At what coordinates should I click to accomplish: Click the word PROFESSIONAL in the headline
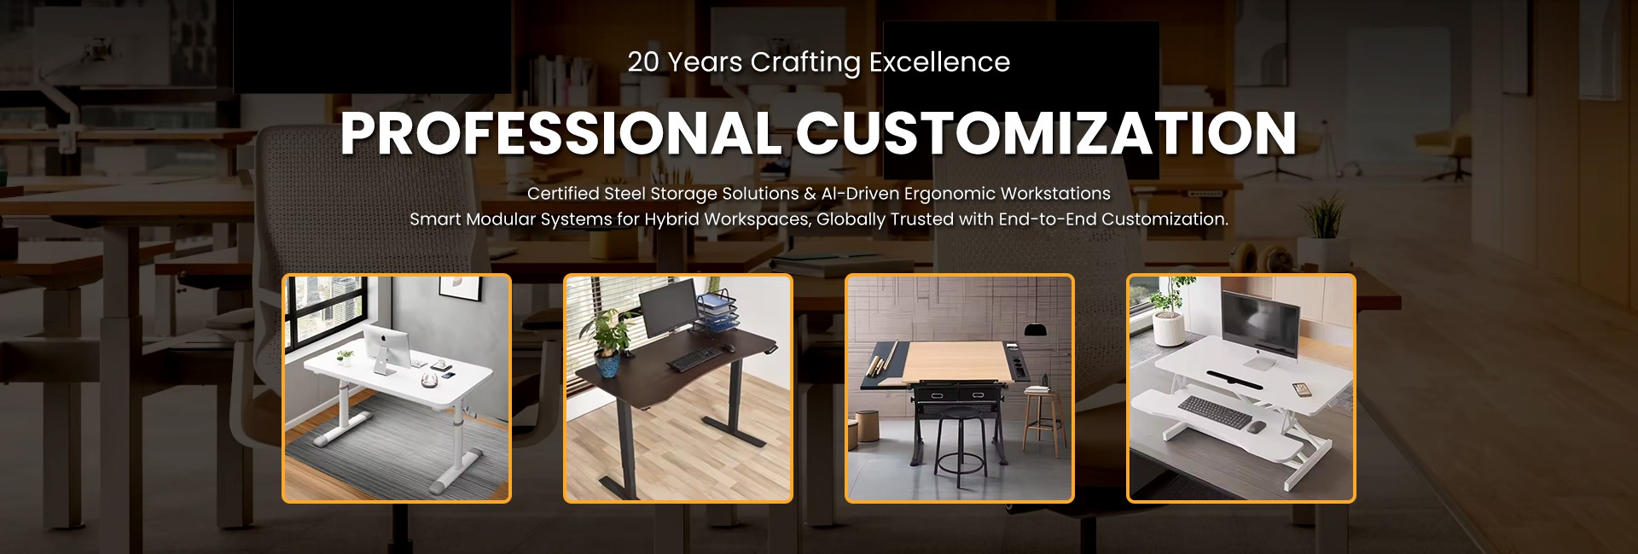point(560,133)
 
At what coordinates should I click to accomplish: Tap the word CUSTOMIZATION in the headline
point(1046,133)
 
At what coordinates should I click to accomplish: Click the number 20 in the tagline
point(643,62)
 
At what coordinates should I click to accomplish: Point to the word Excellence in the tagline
point(939,62)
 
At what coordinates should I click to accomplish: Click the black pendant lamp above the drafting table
point(1037,329)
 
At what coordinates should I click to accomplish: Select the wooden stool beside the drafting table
point(1043,422)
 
